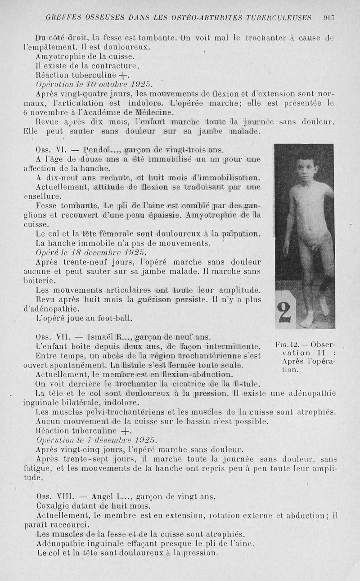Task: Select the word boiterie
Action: pos(40,281)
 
